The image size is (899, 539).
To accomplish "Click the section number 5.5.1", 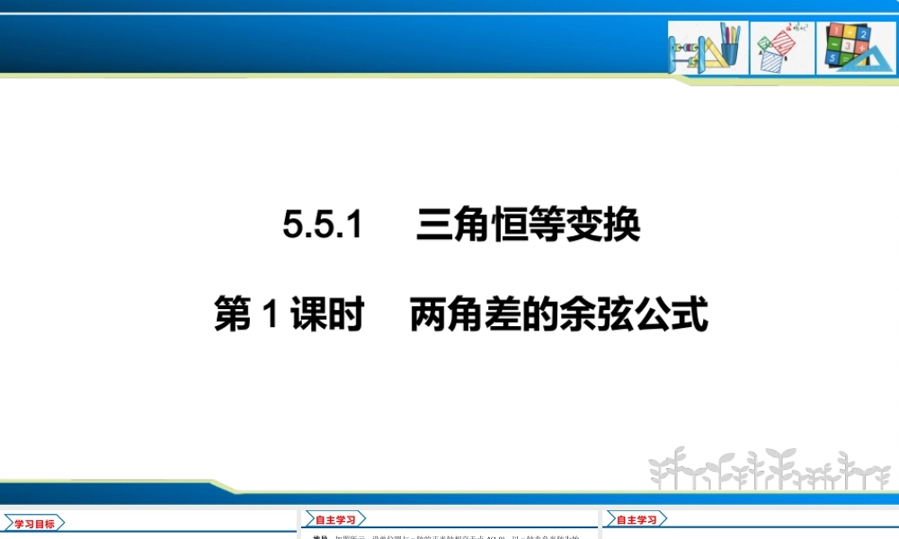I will (x=322, y=225).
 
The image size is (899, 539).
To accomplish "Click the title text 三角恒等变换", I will (x=528, y=225).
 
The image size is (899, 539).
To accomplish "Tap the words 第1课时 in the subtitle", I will (x=289, y=315).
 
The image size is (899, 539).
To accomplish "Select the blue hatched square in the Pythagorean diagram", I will (x=770, y=60).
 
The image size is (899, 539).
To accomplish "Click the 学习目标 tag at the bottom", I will (x=34, y=524).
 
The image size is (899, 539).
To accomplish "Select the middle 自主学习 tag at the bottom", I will (x=334, y=520).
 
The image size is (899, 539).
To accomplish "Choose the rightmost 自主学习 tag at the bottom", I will (x=636, y=519).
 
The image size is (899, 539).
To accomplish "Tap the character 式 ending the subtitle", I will (x=692, y=315).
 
